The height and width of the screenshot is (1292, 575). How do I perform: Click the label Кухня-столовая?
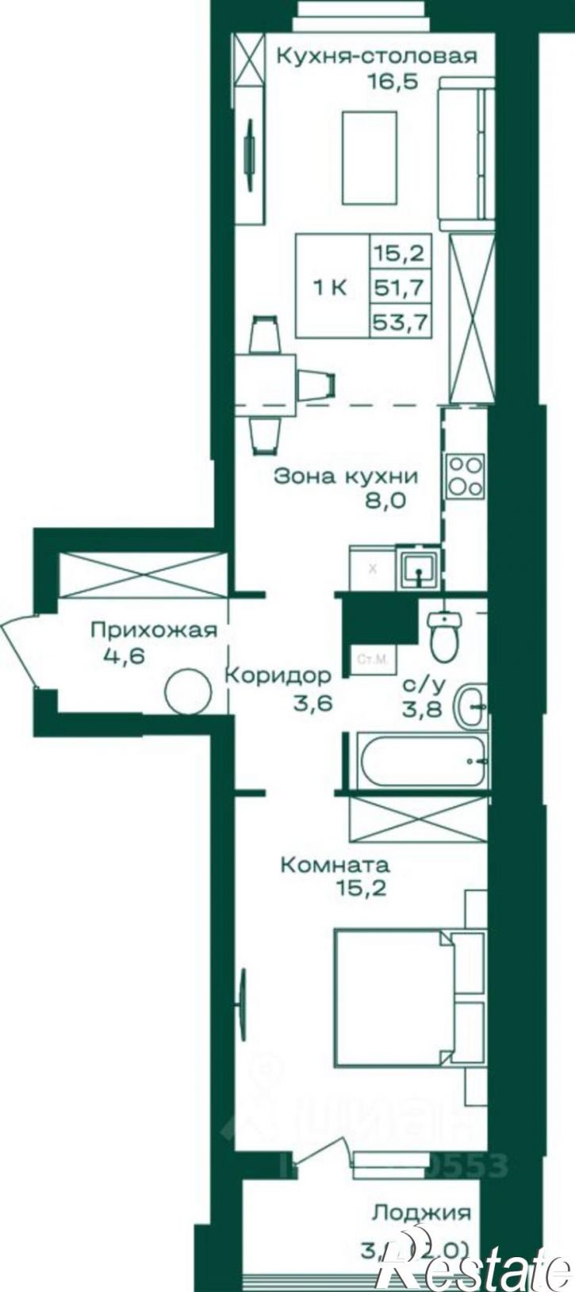pyautogui.click(x=376, y=56)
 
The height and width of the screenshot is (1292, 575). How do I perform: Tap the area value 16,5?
pyautogui.click(x=391, y=81)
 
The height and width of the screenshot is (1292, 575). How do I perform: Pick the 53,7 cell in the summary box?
pyautogui.click(x=401, y=323)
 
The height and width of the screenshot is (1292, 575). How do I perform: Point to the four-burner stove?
pyautogui.click(x=465, y=476)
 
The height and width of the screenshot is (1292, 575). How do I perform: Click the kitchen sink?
pyautogui.click(x=417, y=567)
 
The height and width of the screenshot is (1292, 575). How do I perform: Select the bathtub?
pyautogui.click(x=421, y=761)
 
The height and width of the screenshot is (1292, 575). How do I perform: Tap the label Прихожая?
pyautogui.click(x=153, y=630)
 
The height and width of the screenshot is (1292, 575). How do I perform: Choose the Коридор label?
pyautogui.click(x=277, y=675)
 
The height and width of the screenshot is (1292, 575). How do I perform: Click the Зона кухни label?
pyautogui.click(x=345, y=476)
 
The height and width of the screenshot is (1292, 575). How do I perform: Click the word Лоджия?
pyautogui.click(x=422, y=1212)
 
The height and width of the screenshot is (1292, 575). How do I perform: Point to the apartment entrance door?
pyautogui.click(x=17, y=651)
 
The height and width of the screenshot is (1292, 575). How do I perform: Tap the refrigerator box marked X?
pyautogui.click(x=373, y=567)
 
